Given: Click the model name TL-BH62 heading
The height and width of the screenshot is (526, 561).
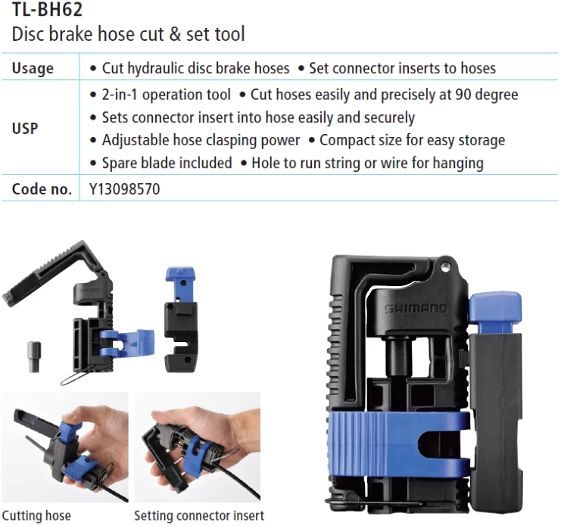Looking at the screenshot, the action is [47, 9].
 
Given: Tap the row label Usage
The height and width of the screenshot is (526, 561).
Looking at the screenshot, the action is [33, 68].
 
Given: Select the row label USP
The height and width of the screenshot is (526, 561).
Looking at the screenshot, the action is [25, 129].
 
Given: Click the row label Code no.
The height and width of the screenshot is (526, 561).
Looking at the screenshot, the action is [42, 189].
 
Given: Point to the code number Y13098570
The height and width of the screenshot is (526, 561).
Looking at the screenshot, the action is [124, 189].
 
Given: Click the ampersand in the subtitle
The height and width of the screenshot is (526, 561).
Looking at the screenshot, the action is [175, 34].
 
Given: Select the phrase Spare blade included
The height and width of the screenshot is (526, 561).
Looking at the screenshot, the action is [167, 163].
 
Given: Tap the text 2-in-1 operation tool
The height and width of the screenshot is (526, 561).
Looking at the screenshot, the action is [167, 95].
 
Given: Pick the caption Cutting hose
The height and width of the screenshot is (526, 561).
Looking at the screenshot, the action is [36, 515].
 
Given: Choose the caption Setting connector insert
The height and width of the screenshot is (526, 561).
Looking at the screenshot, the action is [199, 515].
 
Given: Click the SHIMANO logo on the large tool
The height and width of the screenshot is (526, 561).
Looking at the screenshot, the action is [416, 309].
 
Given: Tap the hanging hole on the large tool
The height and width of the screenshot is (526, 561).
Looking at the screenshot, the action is [444, 266].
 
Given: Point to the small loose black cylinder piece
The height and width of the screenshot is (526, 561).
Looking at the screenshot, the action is [34, 357].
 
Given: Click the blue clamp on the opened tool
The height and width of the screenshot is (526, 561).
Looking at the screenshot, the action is [126, 344].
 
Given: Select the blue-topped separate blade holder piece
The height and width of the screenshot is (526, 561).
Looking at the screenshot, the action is [181, 319].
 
